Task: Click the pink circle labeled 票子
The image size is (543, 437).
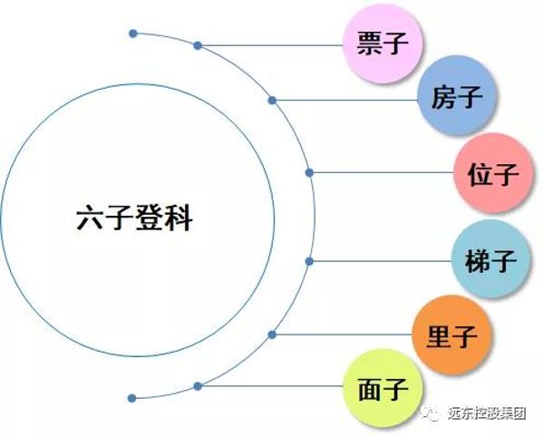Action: [x=383, y=44]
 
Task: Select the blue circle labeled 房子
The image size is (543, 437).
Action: [x=457, y=96]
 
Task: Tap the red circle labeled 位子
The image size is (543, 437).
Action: [x=493, y=173]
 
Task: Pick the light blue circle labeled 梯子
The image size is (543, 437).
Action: [x=491, y=259]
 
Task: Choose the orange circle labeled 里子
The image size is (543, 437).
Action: [x=452, y=335]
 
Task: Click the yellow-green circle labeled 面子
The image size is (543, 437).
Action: [x=383, y=389]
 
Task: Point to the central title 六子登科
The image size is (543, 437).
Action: [x=134, y=218]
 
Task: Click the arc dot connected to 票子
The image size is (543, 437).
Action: [x=198, y=45]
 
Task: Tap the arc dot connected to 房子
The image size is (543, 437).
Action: [x=272, y=101]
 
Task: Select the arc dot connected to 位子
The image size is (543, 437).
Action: [x=310, y=172]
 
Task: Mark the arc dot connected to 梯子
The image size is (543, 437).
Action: [x=310, y=261]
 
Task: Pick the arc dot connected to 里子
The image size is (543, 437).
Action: [x=272, y=335]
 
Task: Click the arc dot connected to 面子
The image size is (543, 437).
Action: [x=198, y=386]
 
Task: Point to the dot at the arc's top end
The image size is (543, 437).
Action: [x=133, y=34]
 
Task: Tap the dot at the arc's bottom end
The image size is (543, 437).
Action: [x=131, y=398]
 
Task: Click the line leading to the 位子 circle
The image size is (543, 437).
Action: [x=382, y=172]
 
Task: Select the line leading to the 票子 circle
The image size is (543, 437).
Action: [x=270, y=45]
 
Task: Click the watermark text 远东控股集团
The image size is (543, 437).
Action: [x=487, y=413]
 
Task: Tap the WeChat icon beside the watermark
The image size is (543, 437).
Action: [x=431, y=413]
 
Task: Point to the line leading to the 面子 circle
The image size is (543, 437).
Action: [x=270, y=386]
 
